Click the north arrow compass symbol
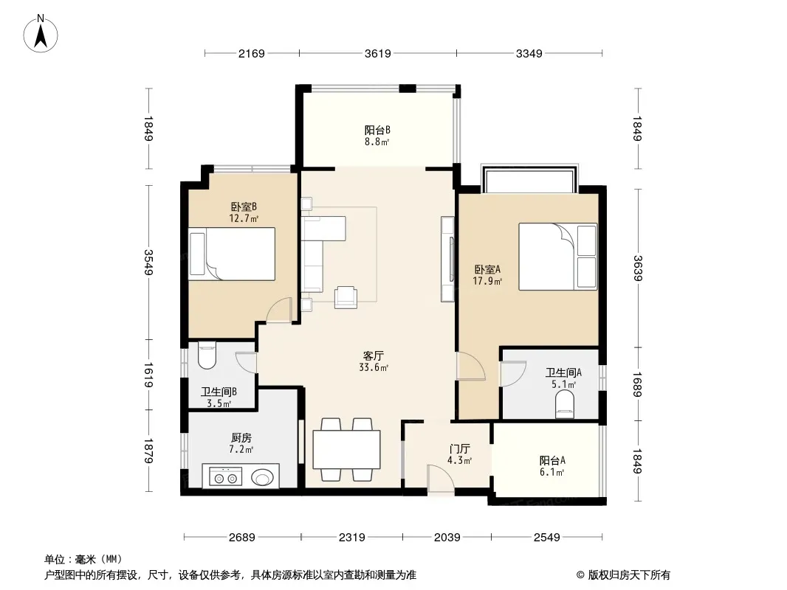pyautogui.click(x=41, y=34)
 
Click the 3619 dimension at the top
pyautogui.click(x=377, y=53)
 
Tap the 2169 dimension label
pyautogui.click(x=251, y=53)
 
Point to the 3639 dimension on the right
pyautogui.click(x=637, y=268)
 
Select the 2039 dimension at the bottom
pyautogui.click(x=447, y=538)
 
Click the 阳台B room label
pyautogui.click(x=377, y=131)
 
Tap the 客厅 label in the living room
pyautogui.click(x=374, y=356)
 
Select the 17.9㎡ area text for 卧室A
pyautogui.click(x=487, y=281)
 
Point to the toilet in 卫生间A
pyautogui.click(x=565, y=405)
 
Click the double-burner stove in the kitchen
pyautogui.click(x=225, y=478)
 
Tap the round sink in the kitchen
pyautogui.click(x=261, y=477)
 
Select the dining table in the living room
pyautogui.click(x=346, y=449)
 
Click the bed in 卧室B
pyautogui.click(x=232, y=254)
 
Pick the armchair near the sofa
pyautogui.click(x=346, y=296)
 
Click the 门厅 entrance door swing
pyautogui.click(x=441, y=479)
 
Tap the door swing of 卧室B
pyautogui.click(x=279, y=310)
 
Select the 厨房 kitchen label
pyautogui.click(x=241, y=438)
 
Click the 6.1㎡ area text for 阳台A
pyautogui.click(x=552, y=472)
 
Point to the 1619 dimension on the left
pyautogui.click(x=148, y=375)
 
